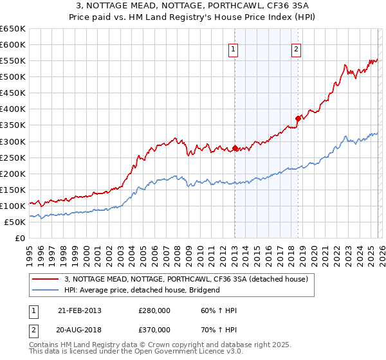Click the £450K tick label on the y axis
click(x=12, y=93)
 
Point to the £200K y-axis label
click(x=12, y=174)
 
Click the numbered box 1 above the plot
click(x=233, y=50)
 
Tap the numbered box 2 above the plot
click(x=296, y=50)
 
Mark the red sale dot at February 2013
click(x=235, y=148)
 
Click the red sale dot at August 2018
click(x=298, y=118)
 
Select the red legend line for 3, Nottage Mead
click(x=46, y=280)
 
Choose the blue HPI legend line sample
click(x=46, y=291)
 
